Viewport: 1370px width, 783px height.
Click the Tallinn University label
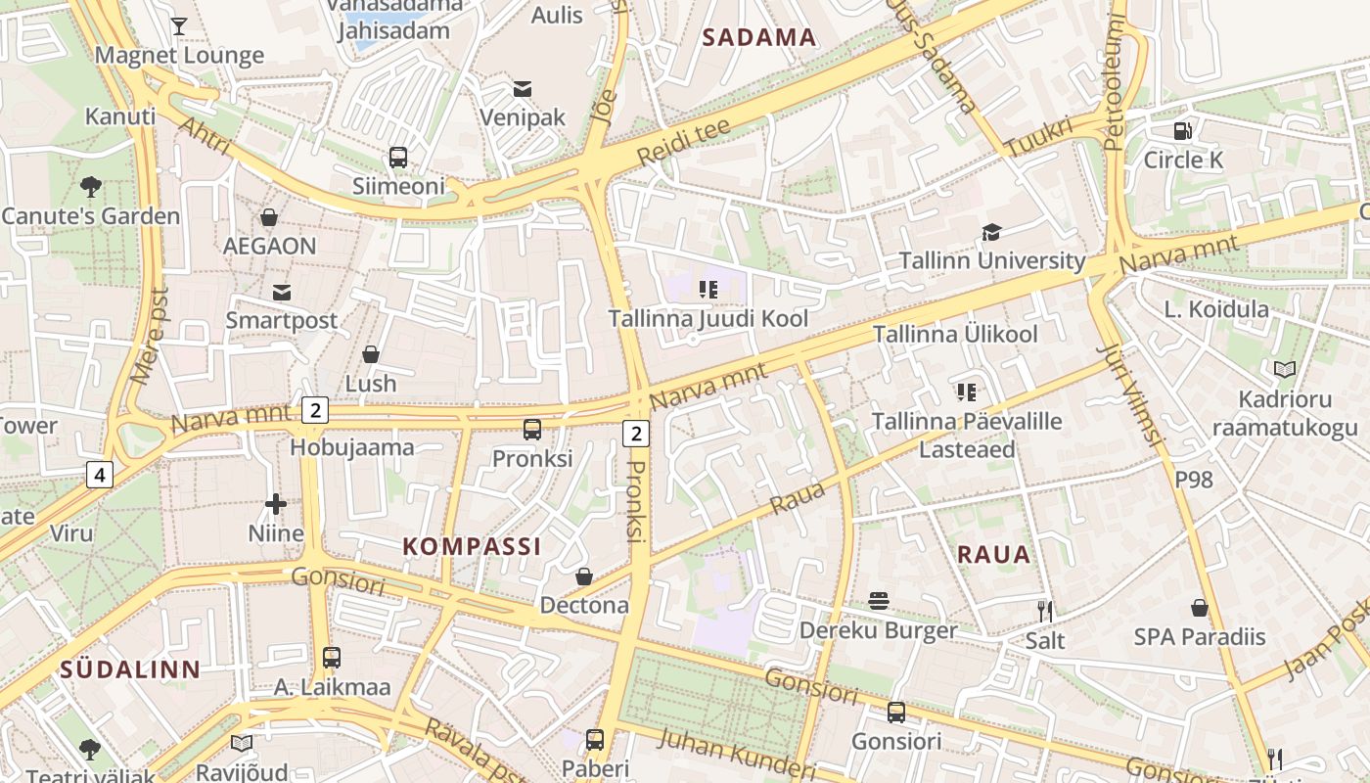[992, 261]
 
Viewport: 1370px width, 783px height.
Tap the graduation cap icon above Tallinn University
[992, 232]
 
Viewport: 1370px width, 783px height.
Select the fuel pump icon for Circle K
[1182, 130]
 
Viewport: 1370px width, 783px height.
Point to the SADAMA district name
[759, 38]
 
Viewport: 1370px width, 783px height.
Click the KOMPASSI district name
[472, 546]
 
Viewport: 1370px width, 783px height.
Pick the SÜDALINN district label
[130, 669]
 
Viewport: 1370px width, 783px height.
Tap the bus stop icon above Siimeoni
[398, 157]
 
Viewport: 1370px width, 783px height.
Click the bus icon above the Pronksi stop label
[532, 429]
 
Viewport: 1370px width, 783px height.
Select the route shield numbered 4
[99, 476]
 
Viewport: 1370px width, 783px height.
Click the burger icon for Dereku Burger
[879, 601]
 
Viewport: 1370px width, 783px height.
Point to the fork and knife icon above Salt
[1045, 612]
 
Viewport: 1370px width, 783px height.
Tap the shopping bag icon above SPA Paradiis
[1200, 608]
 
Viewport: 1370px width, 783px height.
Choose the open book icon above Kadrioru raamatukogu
[1284, 369]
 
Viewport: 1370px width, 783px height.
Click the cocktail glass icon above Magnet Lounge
[178, 25]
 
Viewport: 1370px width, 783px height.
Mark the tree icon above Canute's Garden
[91, 185]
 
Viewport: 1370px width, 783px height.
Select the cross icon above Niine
[276, 504]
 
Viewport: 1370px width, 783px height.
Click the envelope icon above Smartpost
[282, 292]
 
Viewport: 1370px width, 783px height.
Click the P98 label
[1193, 480]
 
